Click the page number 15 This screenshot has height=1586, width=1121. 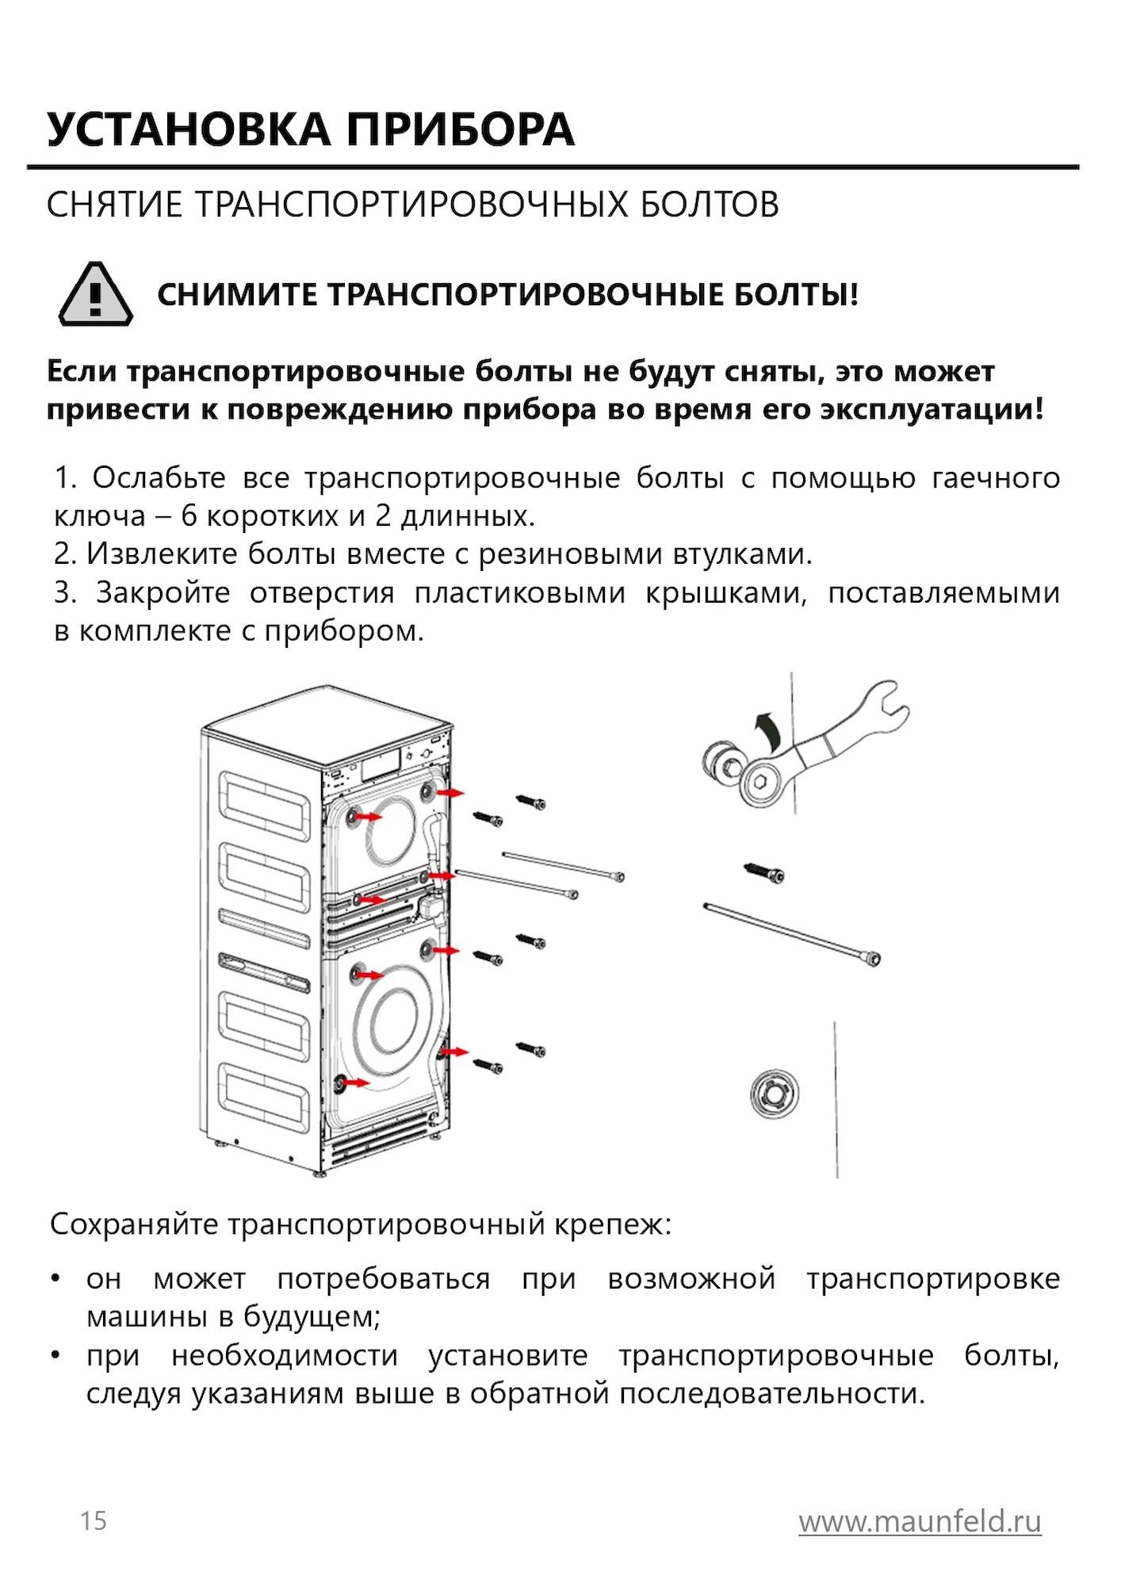pos(93,1521)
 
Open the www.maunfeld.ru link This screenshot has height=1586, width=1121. pos(920,1521)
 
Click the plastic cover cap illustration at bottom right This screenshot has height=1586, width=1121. pos(775,1094)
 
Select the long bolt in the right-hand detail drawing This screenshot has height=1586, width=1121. pos(793,936)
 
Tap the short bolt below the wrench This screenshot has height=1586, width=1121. pos(765,873)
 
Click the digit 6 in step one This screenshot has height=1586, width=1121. pos(189,516)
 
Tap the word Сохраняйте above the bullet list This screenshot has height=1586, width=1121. pos(133,1224)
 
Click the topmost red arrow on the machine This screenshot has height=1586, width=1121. pos(453,792)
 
